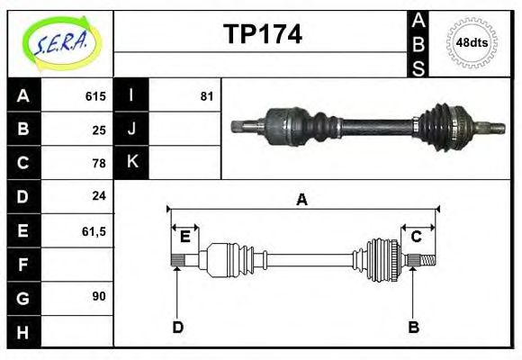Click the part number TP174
point(262,34)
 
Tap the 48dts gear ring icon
point(472,42)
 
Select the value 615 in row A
point(95,96)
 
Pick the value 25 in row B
point(99,130)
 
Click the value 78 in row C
point(99,163)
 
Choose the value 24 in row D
point(99,195)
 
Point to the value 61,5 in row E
point(94,230)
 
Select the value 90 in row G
point(99,296)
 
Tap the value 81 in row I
point(206,96)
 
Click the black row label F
point(23,264)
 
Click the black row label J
point(131,130)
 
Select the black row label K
point(131,163)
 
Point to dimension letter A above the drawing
point(302,200)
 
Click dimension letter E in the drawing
point(185,237)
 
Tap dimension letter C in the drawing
point(417,237)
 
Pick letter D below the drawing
point(177,327)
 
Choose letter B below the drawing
point(413,327)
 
